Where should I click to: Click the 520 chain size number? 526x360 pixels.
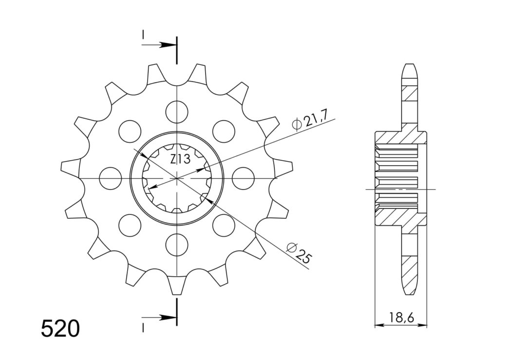point(60,329)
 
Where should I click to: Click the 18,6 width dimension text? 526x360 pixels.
point(401,319)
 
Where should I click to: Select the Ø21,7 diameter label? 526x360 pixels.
point(312,120)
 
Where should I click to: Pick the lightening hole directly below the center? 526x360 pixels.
point(176,244)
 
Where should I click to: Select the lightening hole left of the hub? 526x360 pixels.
point(110,178)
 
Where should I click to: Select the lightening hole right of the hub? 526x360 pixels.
point(243,178)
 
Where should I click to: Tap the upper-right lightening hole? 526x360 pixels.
point(223,131)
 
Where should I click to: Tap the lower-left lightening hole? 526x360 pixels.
point(130,225)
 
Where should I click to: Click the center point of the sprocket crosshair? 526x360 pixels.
point(176,178)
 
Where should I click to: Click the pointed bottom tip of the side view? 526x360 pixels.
point(410,292)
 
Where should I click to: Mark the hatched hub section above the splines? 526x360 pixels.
point(399,137)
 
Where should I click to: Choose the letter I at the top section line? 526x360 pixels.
point(143,35)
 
